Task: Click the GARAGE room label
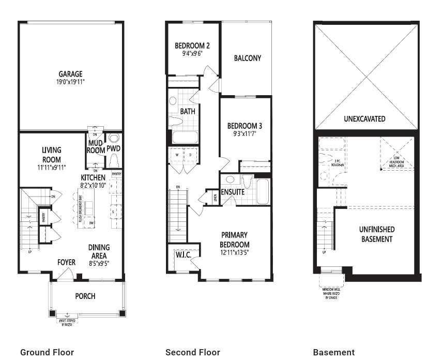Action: point(70,74)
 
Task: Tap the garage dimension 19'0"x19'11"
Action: point(70,82)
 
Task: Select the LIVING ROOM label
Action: point(52,155)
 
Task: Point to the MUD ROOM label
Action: point(96,146)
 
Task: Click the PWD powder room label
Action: point(113,149)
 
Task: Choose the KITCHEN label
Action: point(93,177)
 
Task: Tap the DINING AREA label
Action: point(98,251)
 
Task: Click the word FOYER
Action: point(66,263)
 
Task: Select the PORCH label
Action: point(85,296)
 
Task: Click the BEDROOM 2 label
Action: point(192,44)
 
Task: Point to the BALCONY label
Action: point(247,58)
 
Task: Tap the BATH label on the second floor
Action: point(187,111)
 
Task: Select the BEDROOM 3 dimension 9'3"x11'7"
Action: point(245,133)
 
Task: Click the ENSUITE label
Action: point(233,192)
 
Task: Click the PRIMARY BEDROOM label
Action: point(235,239)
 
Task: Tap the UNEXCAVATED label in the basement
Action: point(364,118)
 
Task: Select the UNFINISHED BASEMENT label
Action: point(377,234)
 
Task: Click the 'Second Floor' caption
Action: point(192,352)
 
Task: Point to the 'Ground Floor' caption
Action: point(47,352)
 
